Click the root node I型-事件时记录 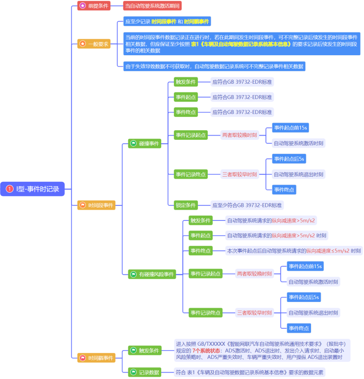point(32,189)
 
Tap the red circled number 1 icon point(10,189)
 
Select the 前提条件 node point(94,6)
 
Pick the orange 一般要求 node point(94,44)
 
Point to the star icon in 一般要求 point(83,44)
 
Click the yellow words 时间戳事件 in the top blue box point(196,21)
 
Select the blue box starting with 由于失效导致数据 point(214,66)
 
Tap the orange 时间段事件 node point(96,205)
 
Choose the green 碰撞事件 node point(145,144)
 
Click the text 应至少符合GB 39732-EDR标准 point(247,205)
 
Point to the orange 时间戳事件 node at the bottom point(96,358)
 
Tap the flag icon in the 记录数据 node point(134,372)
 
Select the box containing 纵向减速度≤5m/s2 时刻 point(293,251)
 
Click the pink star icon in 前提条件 point(83,6)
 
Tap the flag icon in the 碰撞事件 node point(134,144)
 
